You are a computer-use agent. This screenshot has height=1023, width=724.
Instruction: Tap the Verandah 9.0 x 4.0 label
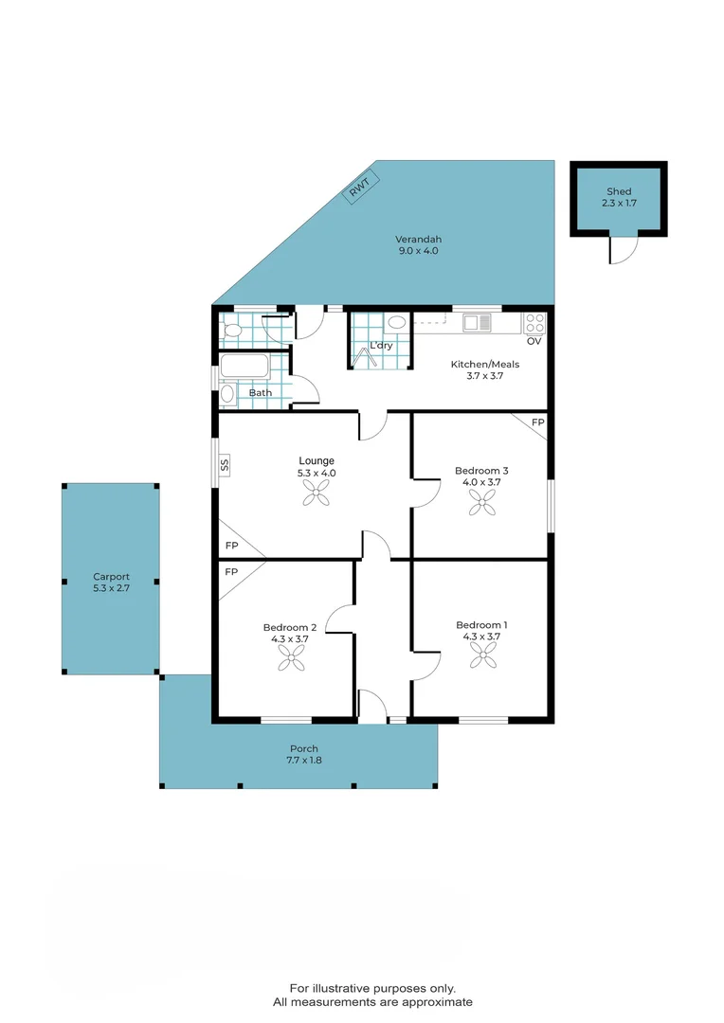click(418, 245)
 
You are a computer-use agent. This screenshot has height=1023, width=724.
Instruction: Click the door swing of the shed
click(622, 250)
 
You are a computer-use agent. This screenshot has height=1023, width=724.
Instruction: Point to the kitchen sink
click(477, 323)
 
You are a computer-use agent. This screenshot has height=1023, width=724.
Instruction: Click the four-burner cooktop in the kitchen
click(534, 322)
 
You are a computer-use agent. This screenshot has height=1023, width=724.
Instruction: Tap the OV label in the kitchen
click(534, 341)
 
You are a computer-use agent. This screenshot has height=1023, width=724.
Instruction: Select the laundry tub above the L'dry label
click(396, 322)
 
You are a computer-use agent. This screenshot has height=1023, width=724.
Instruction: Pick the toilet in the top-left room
click(232, 331)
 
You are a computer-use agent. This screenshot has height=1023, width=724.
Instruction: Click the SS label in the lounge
click(225, 464)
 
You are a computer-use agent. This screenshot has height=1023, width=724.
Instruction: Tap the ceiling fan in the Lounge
click(317, 492)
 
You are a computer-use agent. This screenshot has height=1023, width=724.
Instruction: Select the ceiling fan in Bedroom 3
click(481, 503)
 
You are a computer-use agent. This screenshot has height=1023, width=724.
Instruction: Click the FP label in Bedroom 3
click(537, 422)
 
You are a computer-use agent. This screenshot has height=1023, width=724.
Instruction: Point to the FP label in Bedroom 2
click(230, 572)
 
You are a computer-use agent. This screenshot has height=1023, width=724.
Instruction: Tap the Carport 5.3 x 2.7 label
click(111, 582)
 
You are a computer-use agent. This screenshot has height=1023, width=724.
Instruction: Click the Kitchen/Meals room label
click(484, 369)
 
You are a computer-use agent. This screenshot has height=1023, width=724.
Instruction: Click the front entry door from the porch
click(373, 707)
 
